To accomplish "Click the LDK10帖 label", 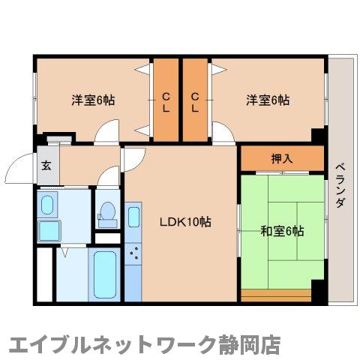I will (x=183, y=222).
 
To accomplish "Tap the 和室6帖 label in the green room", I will (x=282, y=231).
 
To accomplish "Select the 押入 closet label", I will (x=282, y=158).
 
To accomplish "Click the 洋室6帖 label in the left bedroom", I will (x=93, y=100).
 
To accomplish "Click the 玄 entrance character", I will (x=45, y=166).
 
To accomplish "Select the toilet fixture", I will (x=106, y=213).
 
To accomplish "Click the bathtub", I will (x=104, y=273).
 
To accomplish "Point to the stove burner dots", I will (x=135, y=256).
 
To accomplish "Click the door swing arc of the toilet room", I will (x=108, y=178).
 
